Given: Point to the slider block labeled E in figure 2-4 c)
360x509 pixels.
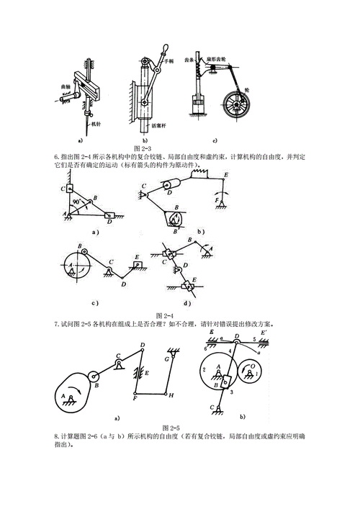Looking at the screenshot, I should [137, 263].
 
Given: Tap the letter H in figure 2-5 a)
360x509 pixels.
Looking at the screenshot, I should [171, 395].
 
